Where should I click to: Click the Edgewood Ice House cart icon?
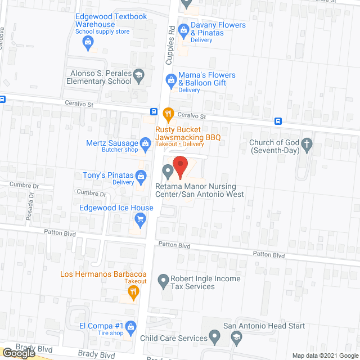pos(136,218)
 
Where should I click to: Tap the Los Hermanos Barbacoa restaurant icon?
pos(133,291)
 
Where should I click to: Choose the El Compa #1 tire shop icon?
pos(130,326)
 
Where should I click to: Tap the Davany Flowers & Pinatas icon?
pos(183,29)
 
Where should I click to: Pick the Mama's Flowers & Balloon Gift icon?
pos(170,78)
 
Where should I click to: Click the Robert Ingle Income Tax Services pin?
pos(163,280)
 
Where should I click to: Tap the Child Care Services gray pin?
pos(214,337)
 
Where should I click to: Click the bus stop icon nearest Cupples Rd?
pos(154,111)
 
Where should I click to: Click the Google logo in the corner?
pos(19,353)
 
